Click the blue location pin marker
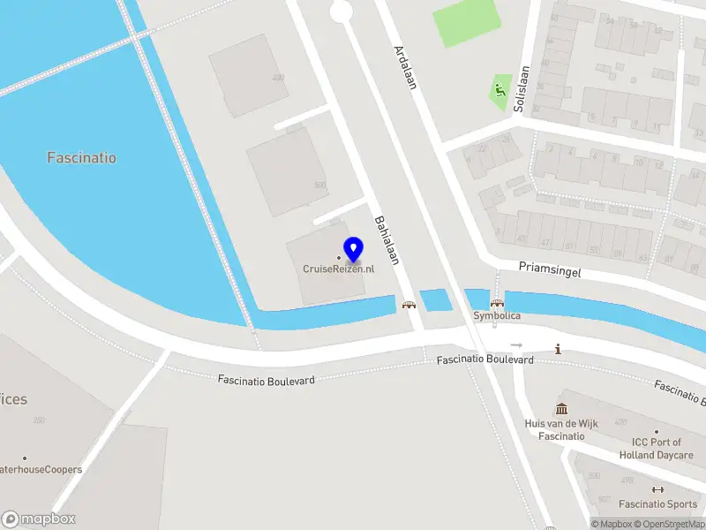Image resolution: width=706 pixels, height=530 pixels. click(354, 250)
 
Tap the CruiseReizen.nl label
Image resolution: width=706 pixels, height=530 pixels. click(338, 269)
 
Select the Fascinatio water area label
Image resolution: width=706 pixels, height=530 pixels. click(81, 158)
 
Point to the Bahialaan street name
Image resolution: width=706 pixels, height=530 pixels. click(387, 240)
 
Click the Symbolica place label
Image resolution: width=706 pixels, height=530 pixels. click(497, 315)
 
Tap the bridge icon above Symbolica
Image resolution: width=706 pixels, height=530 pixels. click(497, 303)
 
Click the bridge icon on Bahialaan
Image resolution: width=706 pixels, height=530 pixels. click(409, 305)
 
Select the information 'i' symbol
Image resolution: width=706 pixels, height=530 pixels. click(558, 349)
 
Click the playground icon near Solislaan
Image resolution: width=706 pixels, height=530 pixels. click(500, 90)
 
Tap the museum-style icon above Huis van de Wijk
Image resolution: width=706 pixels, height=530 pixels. click(561, 409)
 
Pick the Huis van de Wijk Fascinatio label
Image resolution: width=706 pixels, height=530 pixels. click(561, 430)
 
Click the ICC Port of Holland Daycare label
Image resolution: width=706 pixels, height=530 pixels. click(656, 449)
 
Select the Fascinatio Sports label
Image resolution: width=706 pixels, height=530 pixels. click(657, 504)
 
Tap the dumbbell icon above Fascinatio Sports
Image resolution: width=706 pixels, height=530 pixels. click(657, 489)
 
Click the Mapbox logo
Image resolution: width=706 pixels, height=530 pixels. click(39, 519)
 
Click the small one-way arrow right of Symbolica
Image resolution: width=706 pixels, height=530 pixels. click(516, 344)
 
